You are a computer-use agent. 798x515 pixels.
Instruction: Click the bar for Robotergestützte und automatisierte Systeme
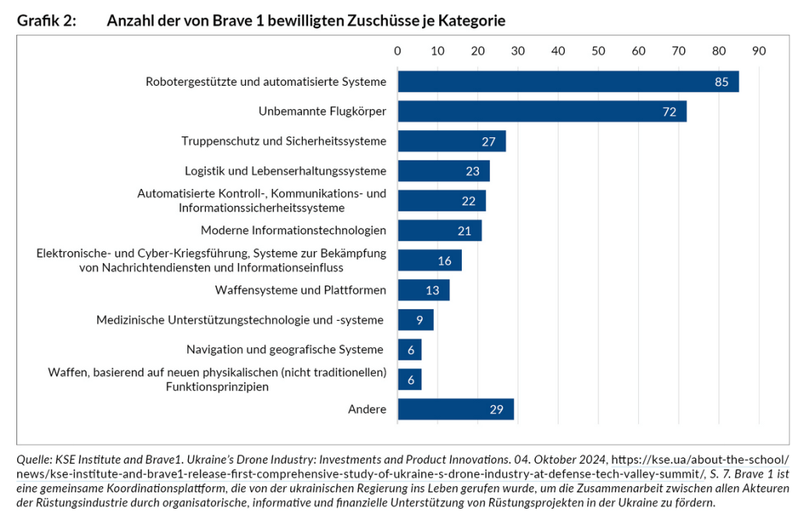pos(568,82)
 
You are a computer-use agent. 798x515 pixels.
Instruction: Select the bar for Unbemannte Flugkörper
pos(542,112)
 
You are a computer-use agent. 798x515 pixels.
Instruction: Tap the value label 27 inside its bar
pos(489,141)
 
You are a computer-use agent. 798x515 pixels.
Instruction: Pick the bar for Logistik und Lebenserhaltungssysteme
pos(444,171)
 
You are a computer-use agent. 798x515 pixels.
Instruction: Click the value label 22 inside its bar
pos(468,201)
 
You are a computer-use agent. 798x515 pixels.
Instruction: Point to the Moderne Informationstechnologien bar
pos(440,230)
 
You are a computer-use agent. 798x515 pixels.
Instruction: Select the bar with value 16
pos(430,260)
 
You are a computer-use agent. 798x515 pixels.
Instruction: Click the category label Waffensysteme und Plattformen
pos(300,290)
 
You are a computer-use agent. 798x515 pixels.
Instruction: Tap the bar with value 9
pos(416,320)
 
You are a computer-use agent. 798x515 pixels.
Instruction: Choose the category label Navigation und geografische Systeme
pos(285,350)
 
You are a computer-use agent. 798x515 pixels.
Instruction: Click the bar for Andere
pos(456,409)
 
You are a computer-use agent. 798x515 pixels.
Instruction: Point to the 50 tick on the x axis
pos(598,51)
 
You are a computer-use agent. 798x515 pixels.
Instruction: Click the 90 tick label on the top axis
pos(759,51)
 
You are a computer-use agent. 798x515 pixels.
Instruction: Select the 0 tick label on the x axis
pos(398,51)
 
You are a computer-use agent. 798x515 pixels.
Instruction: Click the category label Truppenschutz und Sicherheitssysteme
pos(284,141)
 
